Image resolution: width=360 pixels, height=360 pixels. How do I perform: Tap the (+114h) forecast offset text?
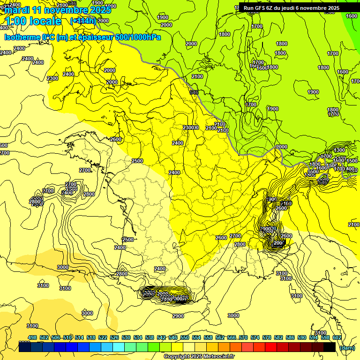(83, 21)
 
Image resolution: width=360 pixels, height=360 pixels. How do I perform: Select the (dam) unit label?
(347, 347)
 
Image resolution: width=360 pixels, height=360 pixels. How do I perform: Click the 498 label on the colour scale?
(32, 337)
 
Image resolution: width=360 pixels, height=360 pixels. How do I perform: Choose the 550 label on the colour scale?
(185, 337)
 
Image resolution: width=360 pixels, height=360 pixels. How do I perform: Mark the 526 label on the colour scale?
(114, 337)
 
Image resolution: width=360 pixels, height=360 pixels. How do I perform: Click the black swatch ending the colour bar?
(329, 347)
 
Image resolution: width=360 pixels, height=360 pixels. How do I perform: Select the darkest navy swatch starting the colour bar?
(25, 347)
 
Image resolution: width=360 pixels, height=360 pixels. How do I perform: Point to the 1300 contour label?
(340, 150)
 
